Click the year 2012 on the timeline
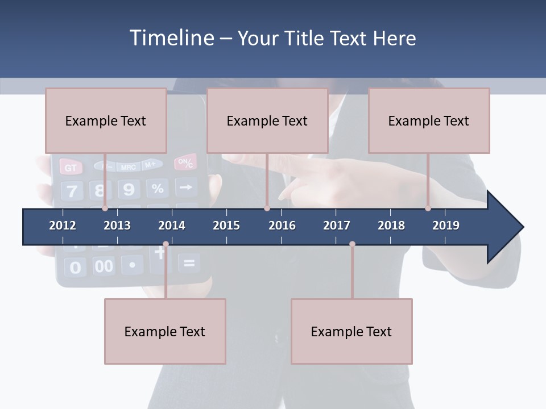click(63, 226)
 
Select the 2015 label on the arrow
click(226, 226)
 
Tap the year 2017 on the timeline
click(337, 226)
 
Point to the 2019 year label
click(446, 226)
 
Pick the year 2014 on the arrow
click(172, 226)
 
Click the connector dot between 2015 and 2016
click(267, 208)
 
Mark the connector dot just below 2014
click(166, 244)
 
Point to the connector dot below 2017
click(352, 244)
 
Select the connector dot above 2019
click(428, 208)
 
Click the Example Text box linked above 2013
click(106, 120)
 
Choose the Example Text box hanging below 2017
click(351, 331)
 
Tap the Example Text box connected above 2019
click(429, 120)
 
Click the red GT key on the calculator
click(71, 168)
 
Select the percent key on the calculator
click(158, 188)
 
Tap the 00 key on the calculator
click(104, 266)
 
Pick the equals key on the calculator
click(189, 263)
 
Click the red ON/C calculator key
click(186, 163)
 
